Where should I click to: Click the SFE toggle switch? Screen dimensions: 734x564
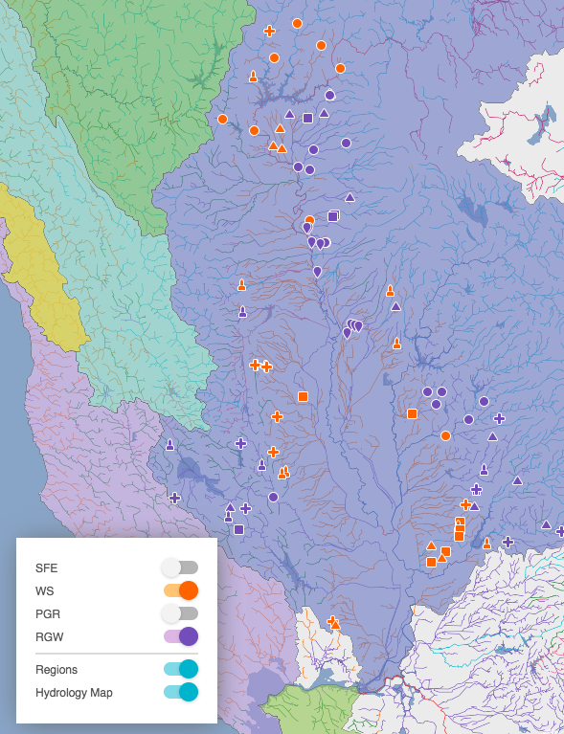tap(180, 567)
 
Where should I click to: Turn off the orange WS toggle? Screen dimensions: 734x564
tap(180, 589)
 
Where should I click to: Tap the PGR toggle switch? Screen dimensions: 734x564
tap(180, 612)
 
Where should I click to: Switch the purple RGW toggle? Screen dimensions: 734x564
tap(180, 635)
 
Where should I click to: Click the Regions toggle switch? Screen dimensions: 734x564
tap(180, 668)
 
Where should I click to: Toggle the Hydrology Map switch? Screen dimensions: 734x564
tap(180, 691)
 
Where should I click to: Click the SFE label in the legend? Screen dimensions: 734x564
tap(47, 567)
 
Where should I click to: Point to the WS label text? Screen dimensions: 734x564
tap(44, 590)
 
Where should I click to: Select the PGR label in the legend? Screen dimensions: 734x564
tap(48, 613)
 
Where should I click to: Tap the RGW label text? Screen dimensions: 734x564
tap(49, 636)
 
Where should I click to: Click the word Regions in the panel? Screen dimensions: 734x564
tap(56, 669)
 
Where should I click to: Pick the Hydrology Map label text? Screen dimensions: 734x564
tap(74, 692)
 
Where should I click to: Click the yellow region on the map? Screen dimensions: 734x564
tap(38, 273)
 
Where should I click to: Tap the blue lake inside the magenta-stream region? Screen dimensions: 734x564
tap(550, 120)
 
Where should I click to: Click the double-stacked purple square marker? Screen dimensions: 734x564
tap(333, 216)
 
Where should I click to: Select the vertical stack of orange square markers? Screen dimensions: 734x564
tap(460, 528)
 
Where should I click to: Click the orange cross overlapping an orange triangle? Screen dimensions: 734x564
tap(333, 623)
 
